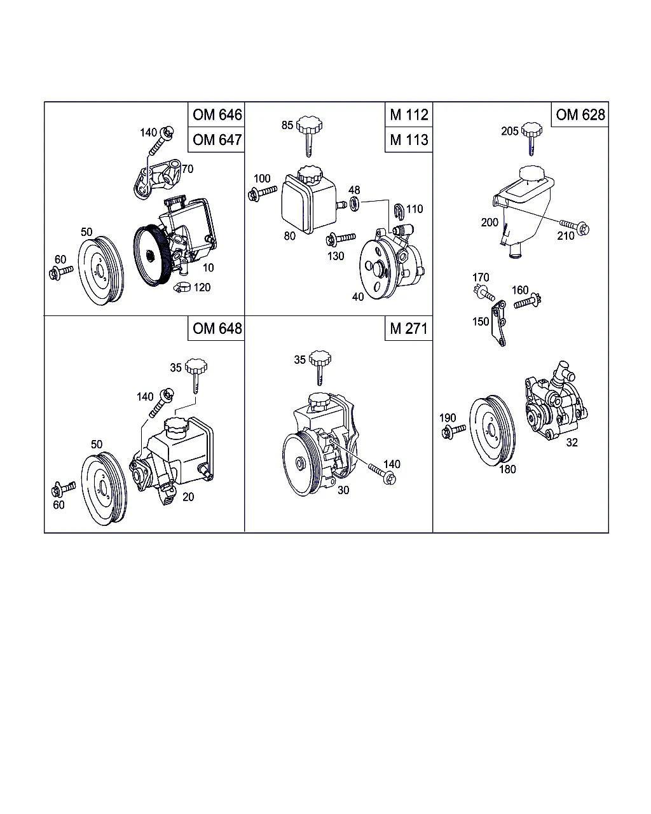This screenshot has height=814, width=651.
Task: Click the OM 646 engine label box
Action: [x=216, y=114]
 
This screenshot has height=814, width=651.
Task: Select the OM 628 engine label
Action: [x=580, y=114]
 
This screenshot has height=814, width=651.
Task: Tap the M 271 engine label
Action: [x=409, y=328]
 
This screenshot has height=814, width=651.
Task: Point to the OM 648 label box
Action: [x=216, y=328]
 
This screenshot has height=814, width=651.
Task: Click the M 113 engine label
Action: [x=409, y=139]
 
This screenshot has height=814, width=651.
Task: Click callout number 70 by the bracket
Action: [x=188, y=169]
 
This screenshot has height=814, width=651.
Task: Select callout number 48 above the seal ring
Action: [x=354, y=190]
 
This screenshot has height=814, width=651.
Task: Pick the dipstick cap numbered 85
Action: [x=309, y=136]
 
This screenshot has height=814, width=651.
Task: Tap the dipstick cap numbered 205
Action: [x=531, y=139]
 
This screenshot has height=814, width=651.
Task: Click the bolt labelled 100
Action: [x=263, y=193]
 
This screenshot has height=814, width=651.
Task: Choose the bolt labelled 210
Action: [x=575, y=226]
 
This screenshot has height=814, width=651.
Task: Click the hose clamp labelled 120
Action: [x=182, y=288]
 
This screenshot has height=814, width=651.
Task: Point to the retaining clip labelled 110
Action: [x=399, y=211]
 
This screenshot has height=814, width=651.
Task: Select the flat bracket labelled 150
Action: [x=499, y=323]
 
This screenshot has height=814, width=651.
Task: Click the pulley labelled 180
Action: [x=493, y=431]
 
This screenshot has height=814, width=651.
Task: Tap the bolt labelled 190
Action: [x=453, y=431]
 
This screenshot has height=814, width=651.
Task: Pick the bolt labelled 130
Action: [x=341, y=239]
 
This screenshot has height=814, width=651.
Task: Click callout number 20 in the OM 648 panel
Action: [x=188, y=497]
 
